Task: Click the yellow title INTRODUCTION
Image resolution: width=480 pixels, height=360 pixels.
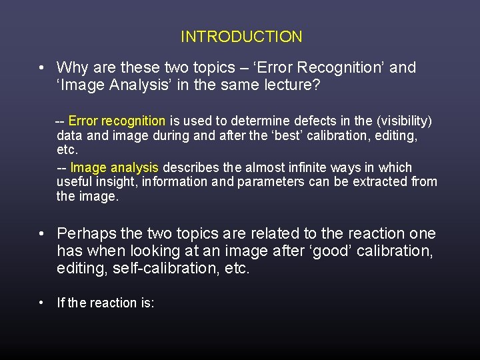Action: (241, 37)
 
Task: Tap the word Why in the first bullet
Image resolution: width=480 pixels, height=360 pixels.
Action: (71, 67)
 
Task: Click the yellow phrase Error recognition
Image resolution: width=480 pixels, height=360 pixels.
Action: (117, 121)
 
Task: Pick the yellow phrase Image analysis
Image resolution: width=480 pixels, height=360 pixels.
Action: (115, 167)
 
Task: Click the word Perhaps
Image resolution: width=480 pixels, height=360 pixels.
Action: (83, 233)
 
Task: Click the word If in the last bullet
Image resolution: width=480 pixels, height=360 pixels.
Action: (61, 303)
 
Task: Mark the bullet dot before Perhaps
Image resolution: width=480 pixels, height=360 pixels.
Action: (42, 234)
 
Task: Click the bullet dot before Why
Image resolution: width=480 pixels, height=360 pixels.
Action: (42, 68)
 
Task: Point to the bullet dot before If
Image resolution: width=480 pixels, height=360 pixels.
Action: (42, 303)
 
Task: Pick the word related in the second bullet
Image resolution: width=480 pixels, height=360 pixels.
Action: (267, 233)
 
